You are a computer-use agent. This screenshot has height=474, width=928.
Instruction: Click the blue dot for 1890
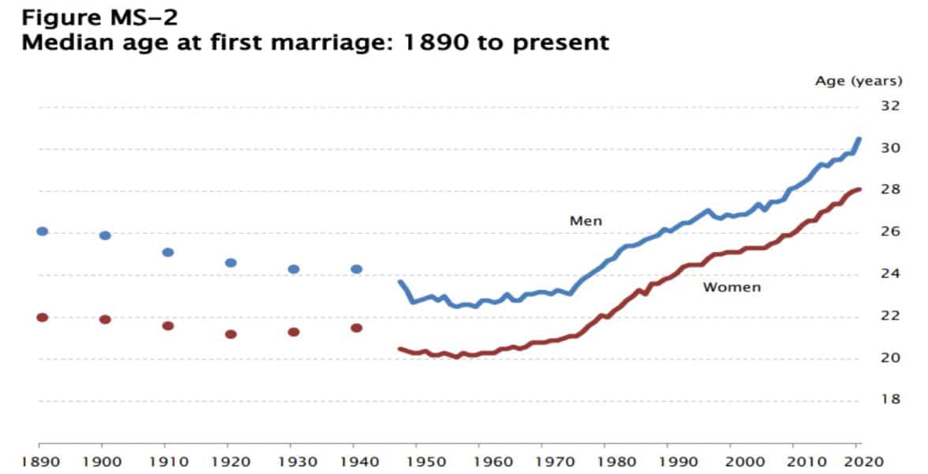pos(43,231)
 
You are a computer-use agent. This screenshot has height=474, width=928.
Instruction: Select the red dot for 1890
pos(43,318)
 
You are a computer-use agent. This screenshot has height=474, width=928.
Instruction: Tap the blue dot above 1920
pos(231,263)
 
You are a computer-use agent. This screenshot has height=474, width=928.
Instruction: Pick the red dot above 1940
pos(357,328)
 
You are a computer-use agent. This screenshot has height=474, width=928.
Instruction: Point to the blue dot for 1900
pos(106,235)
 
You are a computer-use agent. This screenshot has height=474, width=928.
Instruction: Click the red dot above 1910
pos(168,325)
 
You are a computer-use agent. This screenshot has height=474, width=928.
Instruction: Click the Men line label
pos(586,221)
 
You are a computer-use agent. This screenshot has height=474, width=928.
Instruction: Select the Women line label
pos(732,288)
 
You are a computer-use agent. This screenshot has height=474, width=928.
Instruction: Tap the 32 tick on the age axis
pos(890,106)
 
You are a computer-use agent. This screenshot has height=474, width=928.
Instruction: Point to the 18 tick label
pos(890,400)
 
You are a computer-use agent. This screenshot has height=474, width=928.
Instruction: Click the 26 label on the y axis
pos(890,232)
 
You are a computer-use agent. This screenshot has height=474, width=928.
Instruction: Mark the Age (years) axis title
pos(857,81)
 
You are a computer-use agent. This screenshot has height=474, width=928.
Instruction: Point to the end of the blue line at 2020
pos(859,140)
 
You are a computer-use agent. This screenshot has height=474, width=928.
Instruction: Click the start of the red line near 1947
pos(400,348)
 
